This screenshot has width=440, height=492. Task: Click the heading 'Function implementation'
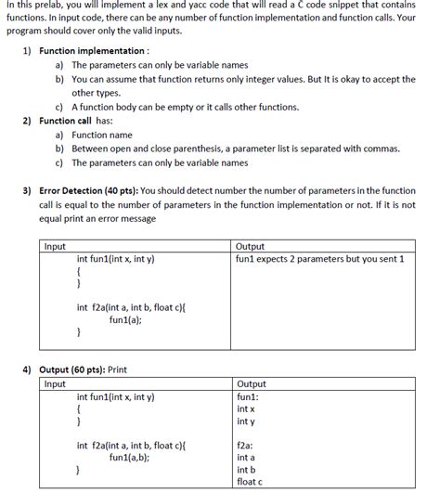(93, 51)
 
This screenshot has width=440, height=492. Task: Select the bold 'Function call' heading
(71, 121)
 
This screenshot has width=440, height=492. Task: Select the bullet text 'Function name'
(102, 135)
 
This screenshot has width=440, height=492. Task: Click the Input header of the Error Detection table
(56, 246)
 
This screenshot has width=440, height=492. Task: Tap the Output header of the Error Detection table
(251, 246)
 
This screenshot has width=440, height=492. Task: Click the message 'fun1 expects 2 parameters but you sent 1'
(320, 259)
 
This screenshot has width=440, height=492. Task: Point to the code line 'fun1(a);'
(128, 318)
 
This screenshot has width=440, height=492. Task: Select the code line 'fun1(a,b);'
(131, 457)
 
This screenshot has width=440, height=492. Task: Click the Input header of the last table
(56, 383)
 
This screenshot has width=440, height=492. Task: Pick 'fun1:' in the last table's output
(249, 396)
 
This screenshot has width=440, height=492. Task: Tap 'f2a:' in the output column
(247, 445)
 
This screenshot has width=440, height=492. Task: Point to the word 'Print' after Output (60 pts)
(118, 369)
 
